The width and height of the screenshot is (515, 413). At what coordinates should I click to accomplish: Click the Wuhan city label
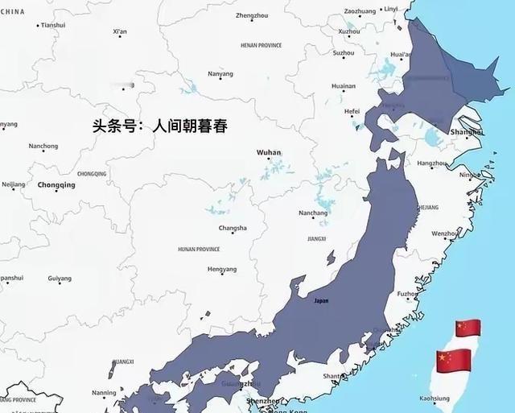click(x=269, y=152)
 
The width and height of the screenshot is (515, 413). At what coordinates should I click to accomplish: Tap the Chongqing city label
click(x=56, y=185)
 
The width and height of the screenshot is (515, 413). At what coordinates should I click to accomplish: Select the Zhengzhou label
click(x=252, y=15)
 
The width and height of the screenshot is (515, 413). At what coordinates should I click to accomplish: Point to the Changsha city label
click(x=233, y=228)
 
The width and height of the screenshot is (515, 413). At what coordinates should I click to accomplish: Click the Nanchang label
click(x=313, y=213)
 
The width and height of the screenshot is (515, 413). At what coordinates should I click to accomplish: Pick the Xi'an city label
click(x=120, y=31)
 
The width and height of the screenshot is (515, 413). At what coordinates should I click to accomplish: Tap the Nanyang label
click(x=220, y=74)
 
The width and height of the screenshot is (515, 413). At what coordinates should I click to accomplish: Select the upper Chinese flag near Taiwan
click(x=468, y=328)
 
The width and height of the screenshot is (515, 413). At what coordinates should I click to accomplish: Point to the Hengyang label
click(x=222, y=269)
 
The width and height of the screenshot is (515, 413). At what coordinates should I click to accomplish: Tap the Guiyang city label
click(x=60, y=279)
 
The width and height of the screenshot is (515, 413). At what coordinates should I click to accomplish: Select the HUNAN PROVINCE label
click(x=199, y=250)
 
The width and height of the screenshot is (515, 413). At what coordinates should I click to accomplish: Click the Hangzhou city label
click(x=432, y=163)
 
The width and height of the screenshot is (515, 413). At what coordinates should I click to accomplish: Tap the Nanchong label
click(x=43, y=147)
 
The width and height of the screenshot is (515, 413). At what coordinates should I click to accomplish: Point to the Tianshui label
click(x=52, y=25)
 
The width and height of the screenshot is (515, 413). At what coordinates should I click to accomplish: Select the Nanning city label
click(x=104, y=393)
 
